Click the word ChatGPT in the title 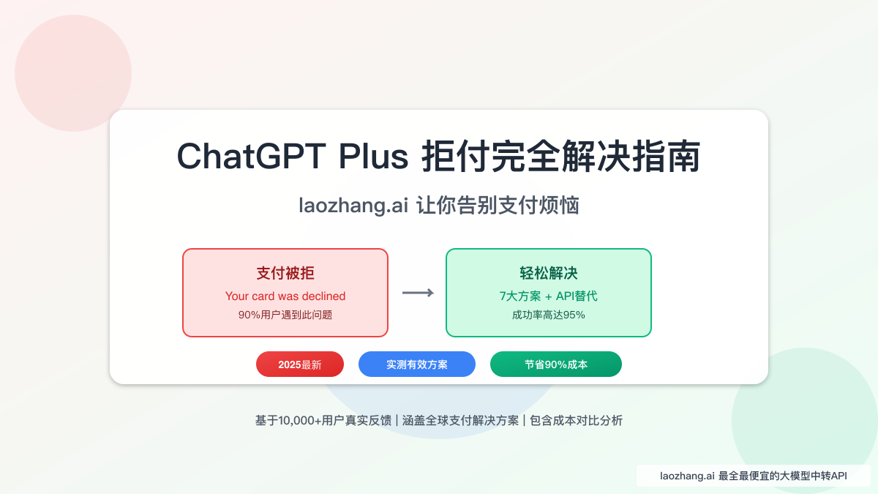[x=251, y=156]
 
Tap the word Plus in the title [x=373, y=156]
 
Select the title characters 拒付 [x=455, y=156]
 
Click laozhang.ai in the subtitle [x=353, y=205]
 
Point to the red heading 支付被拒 [x=285, y=273]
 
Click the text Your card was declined [x=285, y=296]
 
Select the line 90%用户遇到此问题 [x=285, y=315]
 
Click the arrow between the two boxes [x=418, y=293]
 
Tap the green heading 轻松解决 [x=549, y=273]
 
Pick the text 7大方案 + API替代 [x=549, y=296]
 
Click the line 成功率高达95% [x=549, y=315]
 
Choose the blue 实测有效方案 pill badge [x=417, y=364]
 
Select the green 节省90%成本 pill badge [x=556, y=364]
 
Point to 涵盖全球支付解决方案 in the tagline [x=460, y=421]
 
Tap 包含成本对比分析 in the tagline [x=577, y=421]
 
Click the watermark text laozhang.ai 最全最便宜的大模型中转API [x=754, y=476]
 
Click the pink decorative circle [x=73, y=73]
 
